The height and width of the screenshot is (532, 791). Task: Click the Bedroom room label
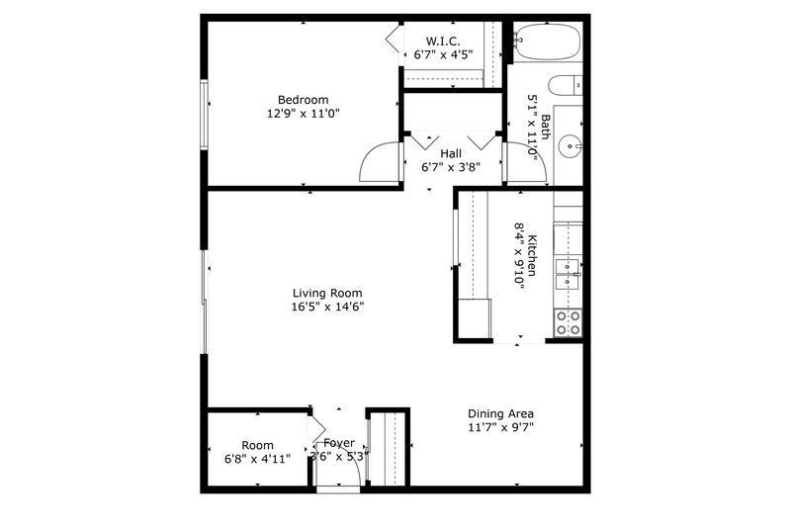(x=304, y=100)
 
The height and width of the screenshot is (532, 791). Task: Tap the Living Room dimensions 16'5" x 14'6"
(x=328, y=307)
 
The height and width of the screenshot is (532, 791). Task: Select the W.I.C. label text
(x=443, y=41)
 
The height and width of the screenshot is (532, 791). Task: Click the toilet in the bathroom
(x=565, y=85)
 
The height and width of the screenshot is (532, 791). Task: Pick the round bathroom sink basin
(x=571, y=146)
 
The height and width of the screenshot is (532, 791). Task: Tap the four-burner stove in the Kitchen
(x=568, y=323)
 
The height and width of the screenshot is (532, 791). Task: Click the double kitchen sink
(x=568, y=274)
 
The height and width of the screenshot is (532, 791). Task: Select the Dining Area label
(x=501, y=414)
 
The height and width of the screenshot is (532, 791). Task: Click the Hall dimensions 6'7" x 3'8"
(x=451, y=166)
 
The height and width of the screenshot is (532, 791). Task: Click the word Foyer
(x=339, y=443)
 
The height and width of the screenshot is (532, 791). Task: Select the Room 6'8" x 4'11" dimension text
(x=258, y=459)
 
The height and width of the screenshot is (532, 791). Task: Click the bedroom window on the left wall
(x=204, y=115)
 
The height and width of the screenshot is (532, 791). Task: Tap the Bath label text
(x=546, y=127)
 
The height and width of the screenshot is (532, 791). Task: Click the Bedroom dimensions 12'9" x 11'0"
(x=304, y=113)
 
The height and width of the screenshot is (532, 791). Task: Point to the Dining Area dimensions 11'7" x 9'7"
(x=501, y=427)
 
